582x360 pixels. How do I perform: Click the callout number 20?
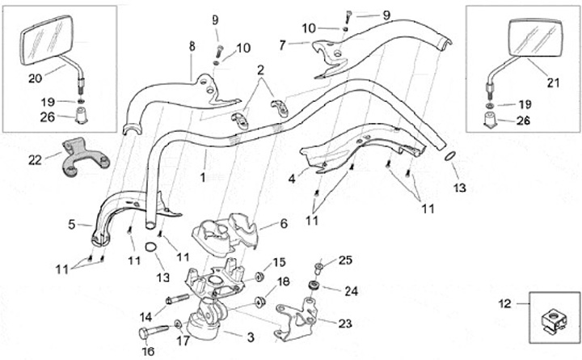(x=33, y=78)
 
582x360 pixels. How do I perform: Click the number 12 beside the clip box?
(x=504, y=305)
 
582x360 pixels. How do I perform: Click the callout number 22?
(x=34, y=159)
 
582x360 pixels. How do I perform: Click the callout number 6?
(x=284, y=223)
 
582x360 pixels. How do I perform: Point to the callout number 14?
(x=147, y=316)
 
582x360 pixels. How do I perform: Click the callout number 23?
(x=345, y=324)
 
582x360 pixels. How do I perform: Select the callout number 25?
(x=346, y=260)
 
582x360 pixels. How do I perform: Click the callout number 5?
(x=71, y=225)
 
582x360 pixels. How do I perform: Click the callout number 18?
(x=283, y=282)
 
